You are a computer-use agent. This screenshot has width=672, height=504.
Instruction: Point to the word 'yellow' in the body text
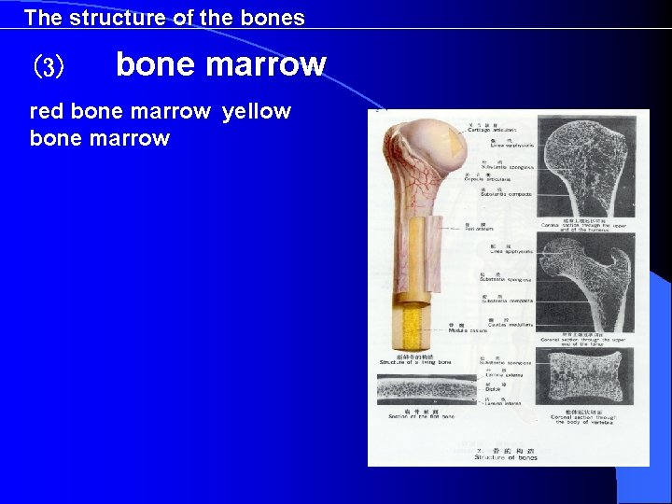(257, 112)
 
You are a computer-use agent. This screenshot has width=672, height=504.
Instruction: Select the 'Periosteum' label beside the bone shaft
(476, 229)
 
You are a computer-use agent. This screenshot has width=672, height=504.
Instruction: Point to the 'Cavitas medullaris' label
(502, 324)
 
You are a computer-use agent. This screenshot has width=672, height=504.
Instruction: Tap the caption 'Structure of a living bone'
(415, 362)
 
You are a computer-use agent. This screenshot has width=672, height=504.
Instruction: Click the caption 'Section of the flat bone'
(426, 414)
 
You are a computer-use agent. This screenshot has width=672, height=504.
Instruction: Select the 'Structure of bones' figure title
(505, 456)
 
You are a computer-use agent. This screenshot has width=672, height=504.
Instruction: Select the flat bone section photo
(426, 391)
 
